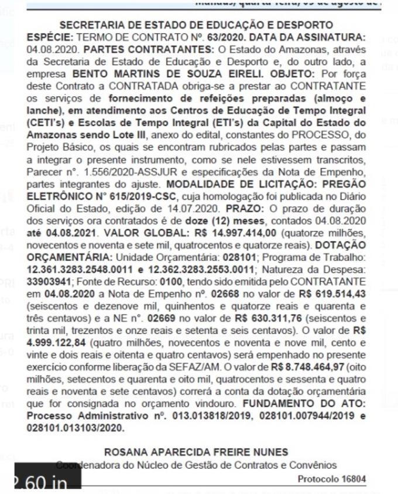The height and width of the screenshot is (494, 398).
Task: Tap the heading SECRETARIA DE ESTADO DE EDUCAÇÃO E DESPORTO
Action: [x=197, y=25]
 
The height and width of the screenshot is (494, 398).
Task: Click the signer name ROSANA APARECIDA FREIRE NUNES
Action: [x=196, y=452]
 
